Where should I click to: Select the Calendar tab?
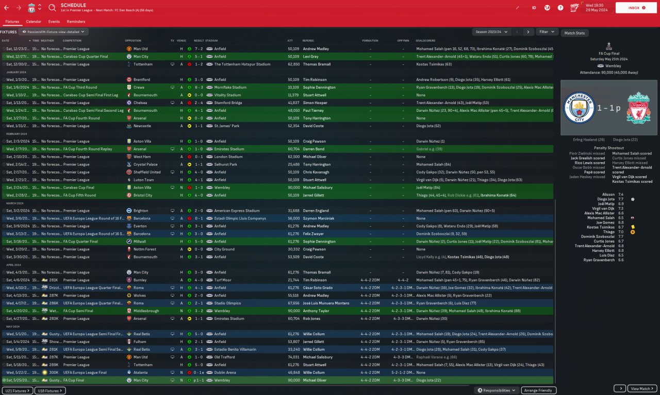point(34,22)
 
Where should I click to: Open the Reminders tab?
point(76,22)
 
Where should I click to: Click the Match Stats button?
point(574,33)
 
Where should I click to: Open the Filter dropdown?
point(547,32)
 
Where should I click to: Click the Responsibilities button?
point(497,390)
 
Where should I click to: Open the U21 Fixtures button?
point(16,391)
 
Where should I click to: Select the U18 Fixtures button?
point(50,391)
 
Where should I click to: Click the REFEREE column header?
point(308,40)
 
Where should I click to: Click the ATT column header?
point(290,40)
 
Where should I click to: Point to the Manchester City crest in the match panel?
point(579,108)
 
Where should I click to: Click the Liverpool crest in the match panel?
point(638,108)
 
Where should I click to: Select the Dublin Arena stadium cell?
point(226,372)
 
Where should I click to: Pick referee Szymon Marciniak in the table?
point(318,218)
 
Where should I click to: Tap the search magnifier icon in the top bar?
point(52,8)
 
